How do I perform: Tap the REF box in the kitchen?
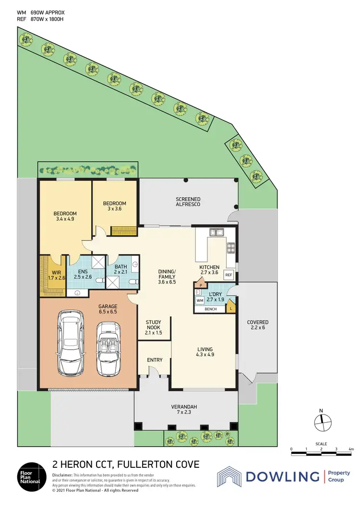228,276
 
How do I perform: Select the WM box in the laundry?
200,301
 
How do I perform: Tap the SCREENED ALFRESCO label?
188,201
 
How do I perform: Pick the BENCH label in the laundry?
210,309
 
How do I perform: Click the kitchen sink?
216,233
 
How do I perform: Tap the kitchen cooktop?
230,248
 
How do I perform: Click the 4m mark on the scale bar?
351,449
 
